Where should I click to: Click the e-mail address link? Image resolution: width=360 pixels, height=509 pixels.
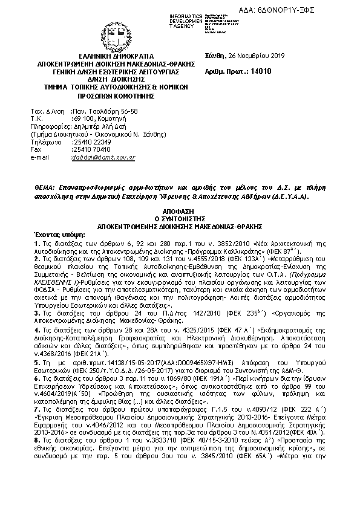click(x=103, y=157)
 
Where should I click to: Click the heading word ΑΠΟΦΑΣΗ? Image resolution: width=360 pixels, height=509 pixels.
click(x=179, y=206)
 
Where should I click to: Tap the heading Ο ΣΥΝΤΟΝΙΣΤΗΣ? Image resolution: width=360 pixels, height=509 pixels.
click(x=179, y=213)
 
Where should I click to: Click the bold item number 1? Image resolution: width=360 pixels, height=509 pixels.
click(x=36, y=242)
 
